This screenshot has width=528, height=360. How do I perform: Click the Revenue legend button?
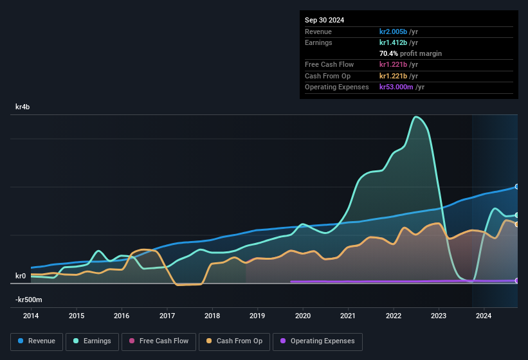tap(37, 341)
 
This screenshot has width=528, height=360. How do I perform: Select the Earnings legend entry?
tap(92, 341)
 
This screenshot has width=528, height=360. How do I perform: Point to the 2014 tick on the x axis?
tap(31, 316)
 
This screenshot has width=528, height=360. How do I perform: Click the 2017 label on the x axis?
tap(167, 316)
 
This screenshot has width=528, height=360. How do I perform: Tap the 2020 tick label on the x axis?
tap(303, 316)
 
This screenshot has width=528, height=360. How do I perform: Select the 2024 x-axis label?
tap(484, 316)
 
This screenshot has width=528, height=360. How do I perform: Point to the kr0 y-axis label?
tap(21, 276)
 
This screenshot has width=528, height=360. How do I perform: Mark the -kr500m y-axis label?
tap(29, 300)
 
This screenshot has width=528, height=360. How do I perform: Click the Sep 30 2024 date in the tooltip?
tap(324, 20)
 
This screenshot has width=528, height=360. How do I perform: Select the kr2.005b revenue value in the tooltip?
tap(394, 32)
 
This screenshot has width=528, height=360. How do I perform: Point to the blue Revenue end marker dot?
tap(517, 186)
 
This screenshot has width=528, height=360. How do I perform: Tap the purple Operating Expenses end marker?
tap(517, 281)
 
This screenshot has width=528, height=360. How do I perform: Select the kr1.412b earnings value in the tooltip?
tap(394, 42)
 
